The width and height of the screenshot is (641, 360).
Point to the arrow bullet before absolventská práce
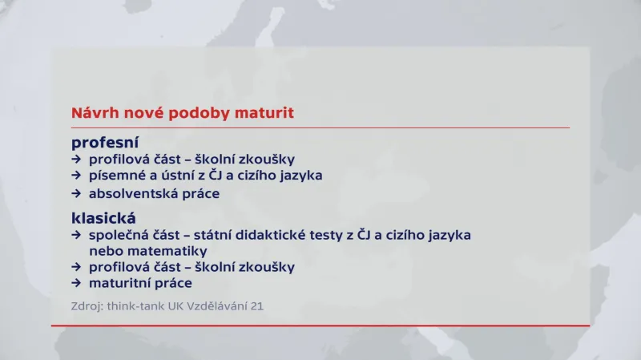76,193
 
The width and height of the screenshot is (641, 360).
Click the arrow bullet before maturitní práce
76,283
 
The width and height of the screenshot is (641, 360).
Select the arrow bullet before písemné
76,176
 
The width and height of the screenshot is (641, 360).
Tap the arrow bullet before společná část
76,235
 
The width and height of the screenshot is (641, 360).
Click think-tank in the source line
128,305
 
